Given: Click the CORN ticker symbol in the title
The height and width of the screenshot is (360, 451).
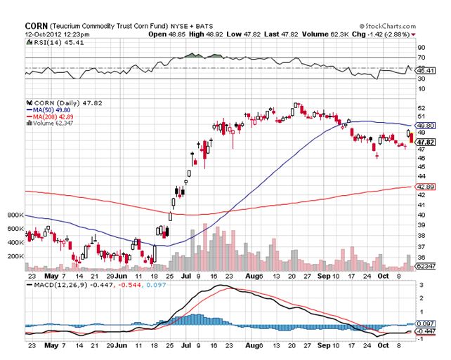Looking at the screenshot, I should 36,25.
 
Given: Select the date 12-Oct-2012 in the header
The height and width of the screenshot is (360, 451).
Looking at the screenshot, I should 49,34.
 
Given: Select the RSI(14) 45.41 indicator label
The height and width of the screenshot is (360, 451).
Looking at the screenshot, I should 53,42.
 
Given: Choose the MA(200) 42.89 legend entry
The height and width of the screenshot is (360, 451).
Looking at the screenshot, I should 53,116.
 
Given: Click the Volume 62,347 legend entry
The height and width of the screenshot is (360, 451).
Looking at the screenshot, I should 53,123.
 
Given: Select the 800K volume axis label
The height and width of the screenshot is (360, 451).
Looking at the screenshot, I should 15,215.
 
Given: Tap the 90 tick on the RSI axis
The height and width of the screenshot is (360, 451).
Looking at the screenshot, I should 421,48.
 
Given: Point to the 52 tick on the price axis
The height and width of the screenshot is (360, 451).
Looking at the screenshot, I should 421,107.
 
